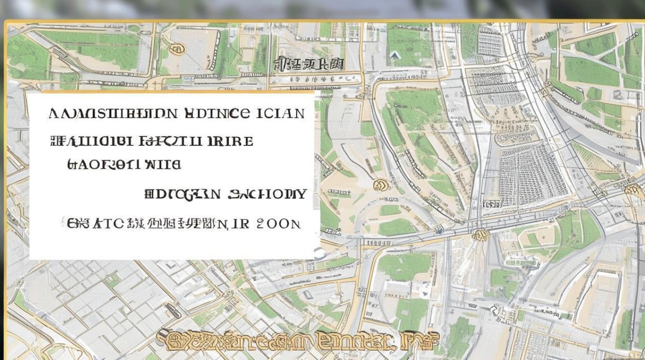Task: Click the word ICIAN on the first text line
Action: click(281, 114)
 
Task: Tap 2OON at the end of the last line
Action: click(278, 223)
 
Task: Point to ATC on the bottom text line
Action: click(108, 223)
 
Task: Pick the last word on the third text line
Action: click(161, 165)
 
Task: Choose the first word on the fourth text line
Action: click(182, 194)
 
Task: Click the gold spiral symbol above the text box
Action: click(177, 48)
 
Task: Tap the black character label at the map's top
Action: click(308, 64)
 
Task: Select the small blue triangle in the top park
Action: click(395, 55)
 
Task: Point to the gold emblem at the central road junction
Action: click(479, 235)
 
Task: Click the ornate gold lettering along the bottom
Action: click(298, 340)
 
